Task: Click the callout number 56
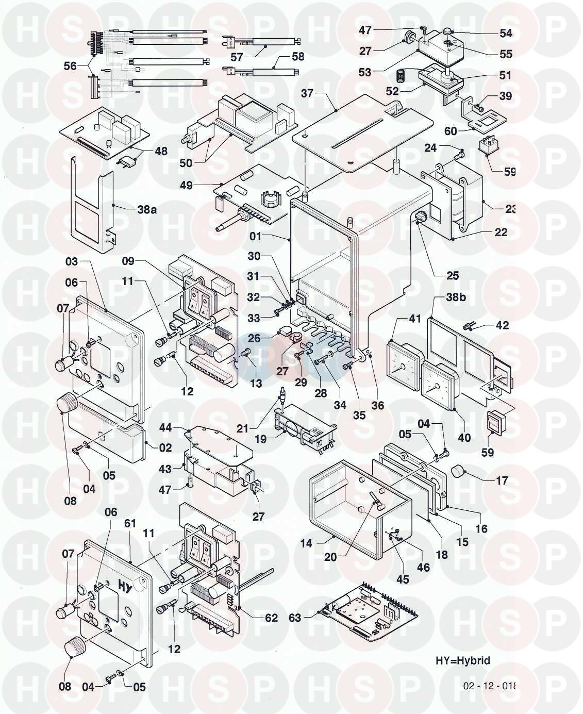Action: click(x=70, y=66)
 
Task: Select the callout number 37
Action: click(x=307, y=93)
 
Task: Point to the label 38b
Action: click(x=441, y=298)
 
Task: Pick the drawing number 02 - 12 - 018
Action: click(x=489, y=686)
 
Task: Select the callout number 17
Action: click(x=502, y=480)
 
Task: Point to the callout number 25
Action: click(x=452, y=275)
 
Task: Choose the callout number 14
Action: click(x=306, y=543)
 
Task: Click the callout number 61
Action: click(x=130, y=523)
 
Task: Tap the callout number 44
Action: click(x=165, y=428)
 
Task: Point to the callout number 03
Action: click(x=72, y=261)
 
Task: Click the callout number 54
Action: click(x=506, y=33)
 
